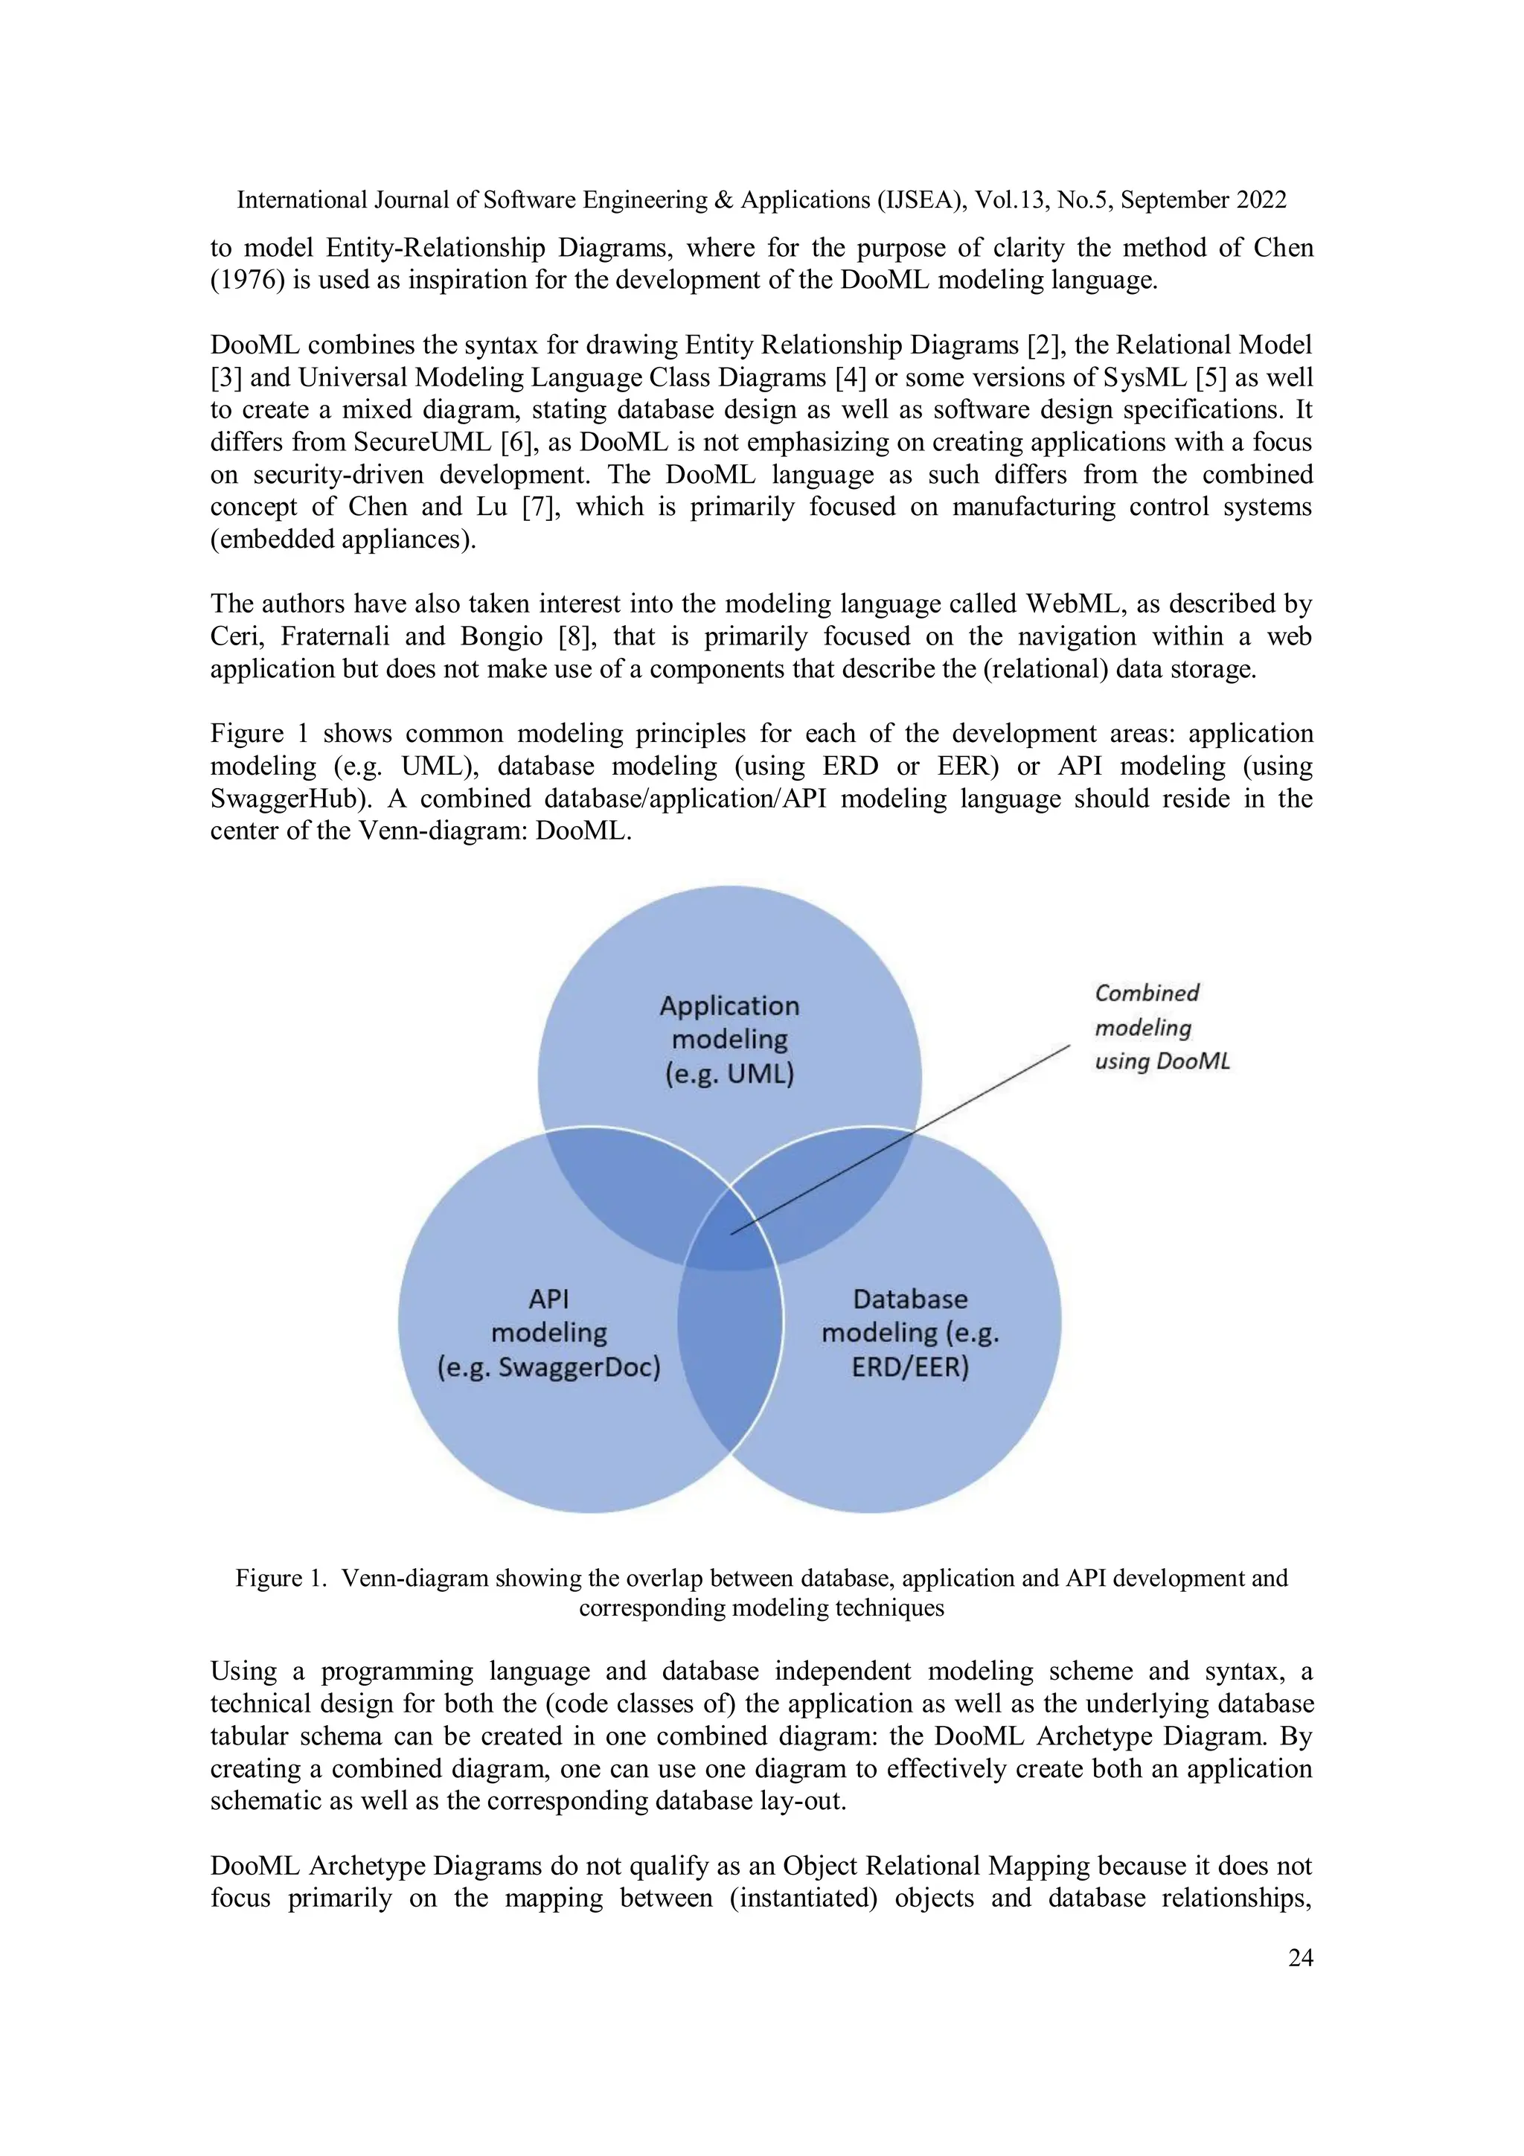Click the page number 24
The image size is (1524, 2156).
pos(1299,1958)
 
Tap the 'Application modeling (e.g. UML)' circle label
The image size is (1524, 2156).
pos(729,1040)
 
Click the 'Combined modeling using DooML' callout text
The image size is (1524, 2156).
pos(1161,1027)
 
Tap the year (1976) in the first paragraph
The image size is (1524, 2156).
pos(248,281)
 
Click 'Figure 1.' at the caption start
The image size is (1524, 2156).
pos(280,1578)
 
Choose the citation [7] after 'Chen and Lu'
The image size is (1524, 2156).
pos(541,507)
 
